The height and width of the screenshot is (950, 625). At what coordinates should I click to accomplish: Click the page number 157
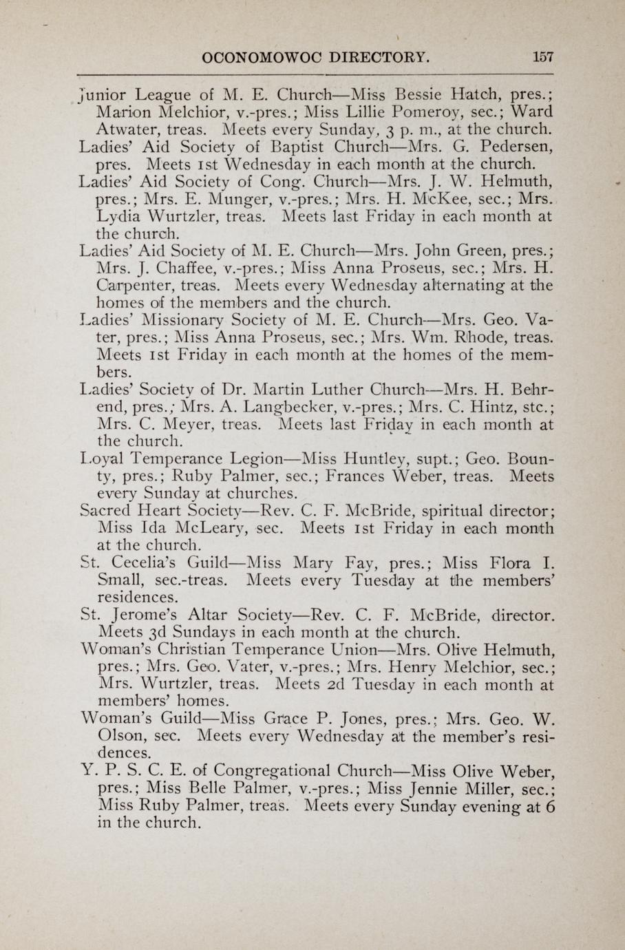542,56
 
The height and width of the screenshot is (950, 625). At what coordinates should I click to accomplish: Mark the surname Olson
120,736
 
